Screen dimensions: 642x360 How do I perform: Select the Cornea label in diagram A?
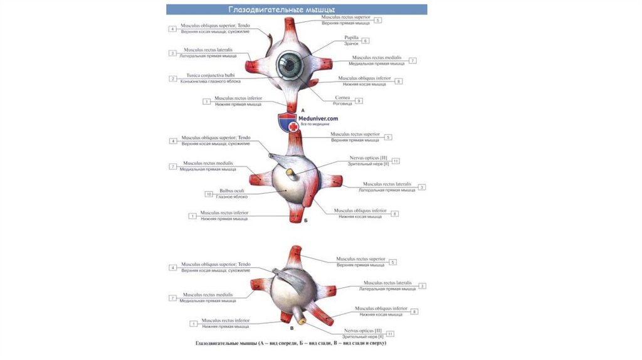tap(342, 98)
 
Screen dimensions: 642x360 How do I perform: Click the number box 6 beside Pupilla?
tap(366, 40)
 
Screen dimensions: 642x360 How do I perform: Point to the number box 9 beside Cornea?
tap(359, 100)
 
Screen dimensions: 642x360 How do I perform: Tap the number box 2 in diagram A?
tap(172, 78)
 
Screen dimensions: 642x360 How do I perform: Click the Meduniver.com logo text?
tap(319, 118)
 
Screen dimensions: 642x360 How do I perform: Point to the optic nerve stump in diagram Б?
tap(290, 171)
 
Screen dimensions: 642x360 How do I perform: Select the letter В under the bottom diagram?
tap(293, 328)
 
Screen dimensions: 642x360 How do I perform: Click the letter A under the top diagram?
tap(303, 109)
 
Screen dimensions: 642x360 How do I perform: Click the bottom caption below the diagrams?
tap(290, 344)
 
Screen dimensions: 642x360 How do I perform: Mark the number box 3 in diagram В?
tap(423, 286)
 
